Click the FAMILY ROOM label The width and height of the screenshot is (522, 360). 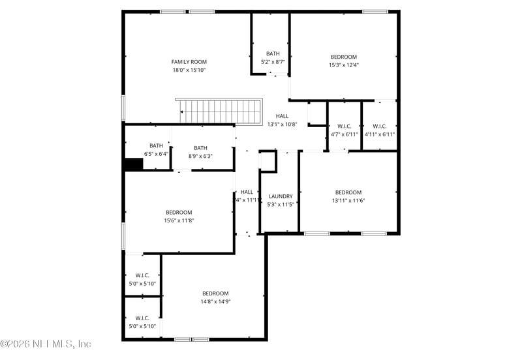(189, 62)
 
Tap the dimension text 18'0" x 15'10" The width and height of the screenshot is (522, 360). (189, 70)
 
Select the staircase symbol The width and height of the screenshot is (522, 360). (219, 111)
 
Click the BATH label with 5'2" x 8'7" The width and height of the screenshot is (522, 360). (273, 53)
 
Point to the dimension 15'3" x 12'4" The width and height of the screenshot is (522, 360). (343, 65)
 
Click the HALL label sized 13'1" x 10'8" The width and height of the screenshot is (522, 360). (282, 116)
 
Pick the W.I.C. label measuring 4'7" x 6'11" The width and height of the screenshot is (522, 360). (344, 126)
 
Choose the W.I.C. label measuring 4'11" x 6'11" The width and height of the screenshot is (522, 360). (380, 126)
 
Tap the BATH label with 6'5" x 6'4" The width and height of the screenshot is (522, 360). (156, 145)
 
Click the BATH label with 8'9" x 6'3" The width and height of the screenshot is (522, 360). (200, 148)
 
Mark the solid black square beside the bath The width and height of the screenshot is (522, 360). (134, 164)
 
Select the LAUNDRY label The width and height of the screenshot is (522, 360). (281, 196)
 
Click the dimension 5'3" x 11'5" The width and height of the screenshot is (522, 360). (281, 204)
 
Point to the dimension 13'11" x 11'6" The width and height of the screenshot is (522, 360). (348, 200)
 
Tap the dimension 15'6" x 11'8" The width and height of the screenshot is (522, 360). (179, 220)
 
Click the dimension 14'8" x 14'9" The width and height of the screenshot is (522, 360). (215, 301)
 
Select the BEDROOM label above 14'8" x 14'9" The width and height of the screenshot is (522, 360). (215, 293)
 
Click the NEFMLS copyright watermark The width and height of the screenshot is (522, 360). (46, 344)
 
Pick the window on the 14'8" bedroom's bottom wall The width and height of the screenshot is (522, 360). (192, 339)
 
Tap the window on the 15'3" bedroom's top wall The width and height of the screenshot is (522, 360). (375, 11)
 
